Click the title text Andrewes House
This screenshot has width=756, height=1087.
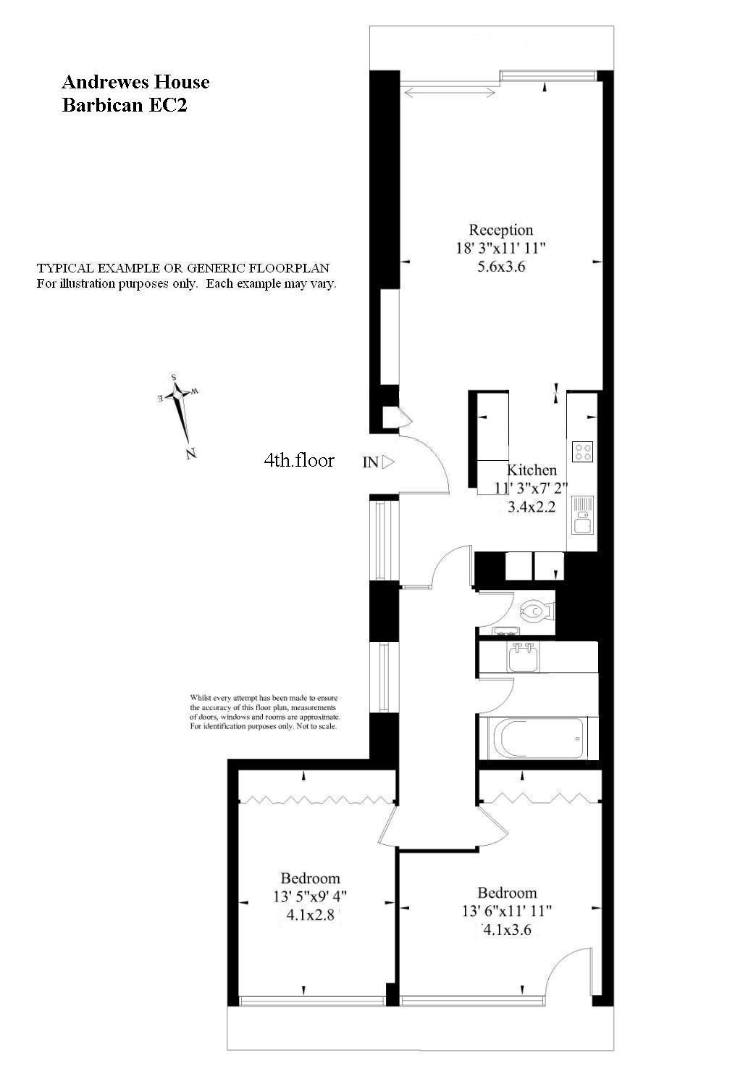(135, 82)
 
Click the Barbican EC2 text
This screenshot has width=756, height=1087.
(125, 105)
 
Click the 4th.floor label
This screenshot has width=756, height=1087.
(298, 460)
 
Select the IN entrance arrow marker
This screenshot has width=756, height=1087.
(388, 462)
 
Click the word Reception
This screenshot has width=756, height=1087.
(500, 230)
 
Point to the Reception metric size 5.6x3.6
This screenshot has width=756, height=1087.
(500, 266)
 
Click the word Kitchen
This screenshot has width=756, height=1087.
(532, 470)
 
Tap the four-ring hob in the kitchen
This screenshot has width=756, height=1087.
(583, 451)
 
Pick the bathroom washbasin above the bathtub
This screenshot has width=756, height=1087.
(521, 657)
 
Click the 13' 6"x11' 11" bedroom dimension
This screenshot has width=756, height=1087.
(507, 911)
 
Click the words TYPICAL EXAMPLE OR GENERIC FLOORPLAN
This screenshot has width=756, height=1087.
(183, 267)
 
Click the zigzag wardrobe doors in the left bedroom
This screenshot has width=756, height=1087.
(316, 800)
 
